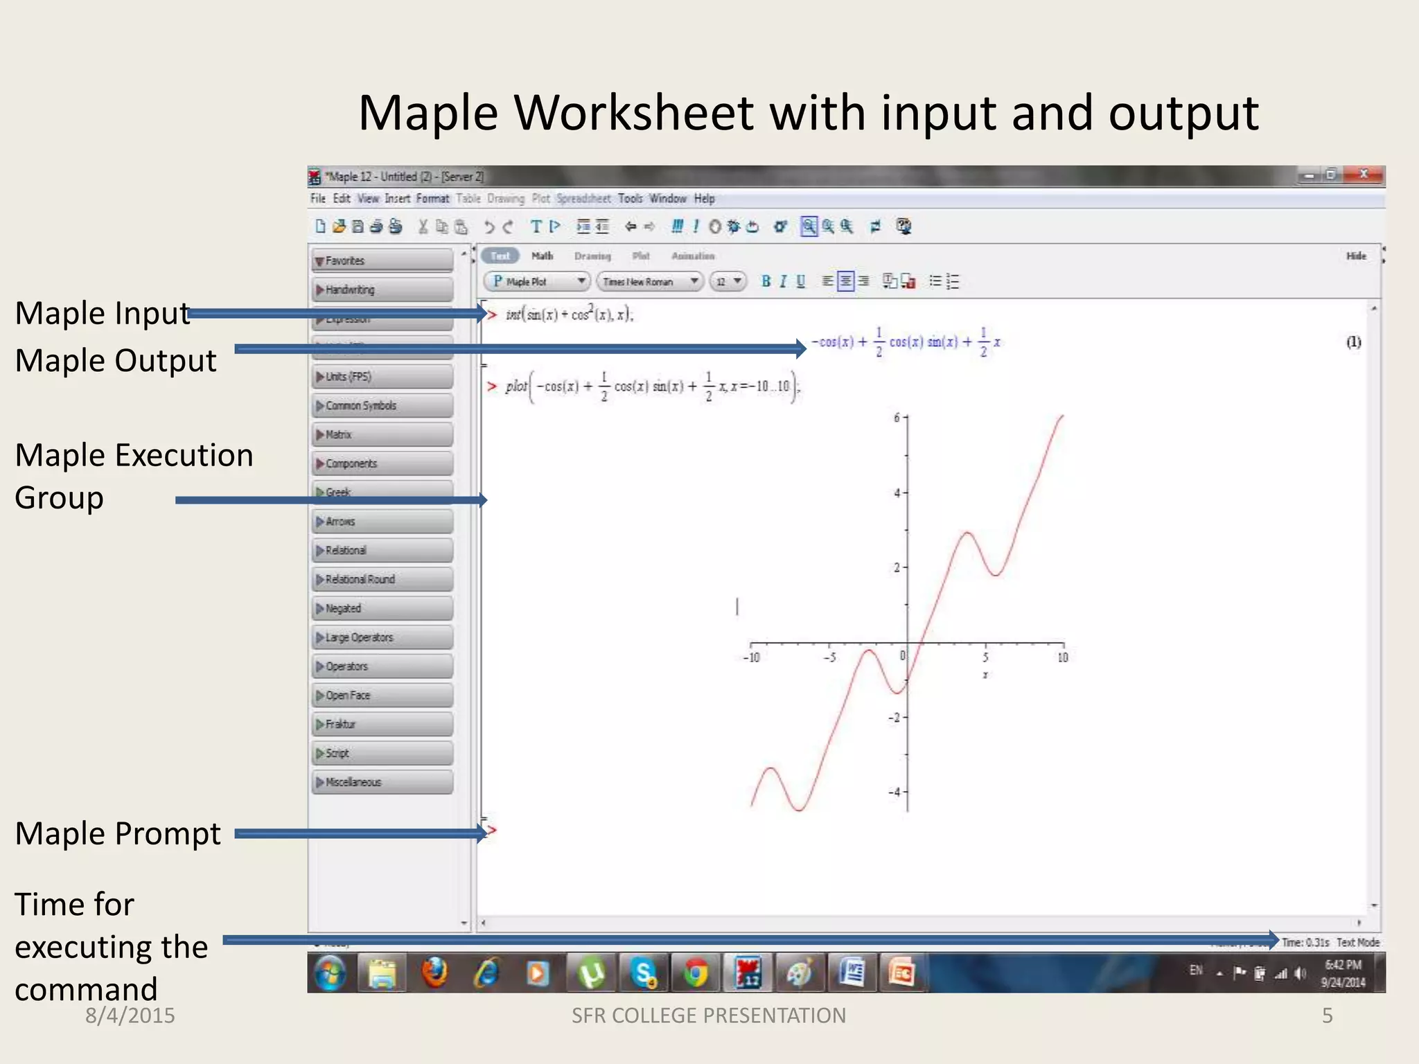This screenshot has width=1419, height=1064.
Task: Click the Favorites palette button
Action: pyautogui.click(x=382, y=260)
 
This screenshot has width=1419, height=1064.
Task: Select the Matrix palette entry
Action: pyautogui.click(x=382, y=434)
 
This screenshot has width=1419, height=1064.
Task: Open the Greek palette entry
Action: pyautogui.click(x=382, y=491)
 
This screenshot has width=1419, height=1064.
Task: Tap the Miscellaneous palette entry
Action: pyautogui.click(x=382, y=782)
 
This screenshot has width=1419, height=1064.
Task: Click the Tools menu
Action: pyautogui.click(x=630, y=199)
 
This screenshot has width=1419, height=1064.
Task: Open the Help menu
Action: pyautogui.click(x=704, y=199)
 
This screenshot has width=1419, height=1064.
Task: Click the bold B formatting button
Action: pyautogui.click(x=766, y=281)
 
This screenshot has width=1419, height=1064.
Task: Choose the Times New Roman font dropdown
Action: pyautogui.click(x=649, y=281)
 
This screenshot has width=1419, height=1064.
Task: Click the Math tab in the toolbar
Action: pyautogui.click(x=542, y=256)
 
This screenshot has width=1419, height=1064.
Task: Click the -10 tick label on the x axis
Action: pyautogui.click(x=751, y=657)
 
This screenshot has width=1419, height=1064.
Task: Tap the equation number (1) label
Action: pyautogui.click(x=1353, y=342)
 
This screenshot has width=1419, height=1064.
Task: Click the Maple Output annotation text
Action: pyautogui.click(x=116, y=361)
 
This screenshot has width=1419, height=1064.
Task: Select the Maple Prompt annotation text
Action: pyautogui.click(x=118, y=833)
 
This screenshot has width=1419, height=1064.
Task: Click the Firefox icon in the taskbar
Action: pyautogui.click(x=435, y=973)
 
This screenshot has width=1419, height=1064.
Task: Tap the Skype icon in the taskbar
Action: pyautogui.click(x=644, y=973)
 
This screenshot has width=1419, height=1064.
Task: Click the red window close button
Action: pyautogui.click(x=1363, y=175)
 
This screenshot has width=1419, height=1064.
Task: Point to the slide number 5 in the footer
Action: pyautogui.click(x=1327, y=1016)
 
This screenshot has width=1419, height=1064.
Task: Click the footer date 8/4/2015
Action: pyautogui.click(x=130, y=1016)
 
